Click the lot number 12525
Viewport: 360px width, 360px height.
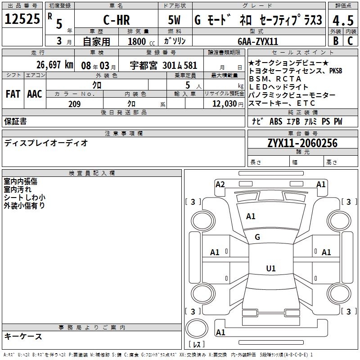click(x=22, y=20)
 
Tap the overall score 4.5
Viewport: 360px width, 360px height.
click(x=342, y=21)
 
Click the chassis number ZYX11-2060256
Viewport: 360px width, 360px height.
click(x=302, y=144)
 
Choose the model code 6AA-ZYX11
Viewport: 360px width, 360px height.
click(x=258, y=41)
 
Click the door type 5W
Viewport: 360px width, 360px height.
click(x=175, y=21)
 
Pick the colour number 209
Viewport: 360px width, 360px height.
click(x=74, y=104)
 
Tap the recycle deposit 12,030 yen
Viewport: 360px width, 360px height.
click(x=224, y=104)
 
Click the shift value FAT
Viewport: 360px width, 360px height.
click(x=13, y=94)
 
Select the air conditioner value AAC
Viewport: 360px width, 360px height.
click(x=34, y=94)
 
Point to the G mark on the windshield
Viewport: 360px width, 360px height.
click(x=257, y=237)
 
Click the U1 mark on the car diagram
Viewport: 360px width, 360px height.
click(x=270, y=269)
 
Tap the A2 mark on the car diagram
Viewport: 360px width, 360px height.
click(x=220, y=184)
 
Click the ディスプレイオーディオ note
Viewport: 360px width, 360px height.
click(x=46, y=143)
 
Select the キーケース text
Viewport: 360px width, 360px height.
click(x=23, y=337)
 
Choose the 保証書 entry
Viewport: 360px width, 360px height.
click(x=15, y=121)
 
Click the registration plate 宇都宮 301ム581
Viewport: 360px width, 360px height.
click(x=164, y=65)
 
